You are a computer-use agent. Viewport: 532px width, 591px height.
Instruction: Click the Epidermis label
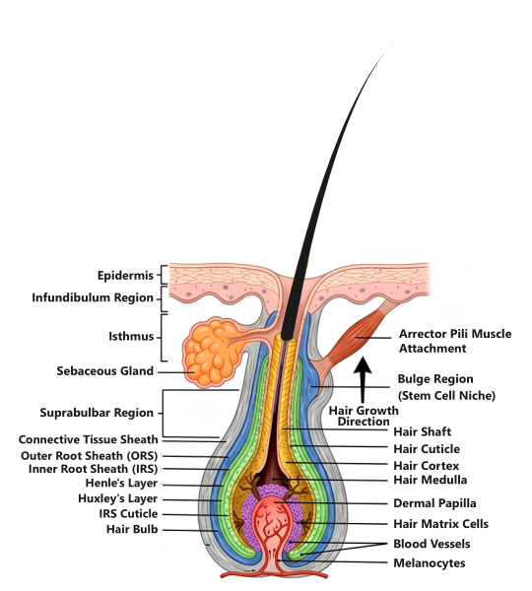125,276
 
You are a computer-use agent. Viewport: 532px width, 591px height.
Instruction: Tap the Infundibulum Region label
93,297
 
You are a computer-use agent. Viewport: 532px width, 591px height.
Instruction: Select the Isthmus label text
131,336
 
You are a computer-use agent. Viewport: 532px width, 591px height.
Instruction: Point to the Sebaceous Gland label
105,371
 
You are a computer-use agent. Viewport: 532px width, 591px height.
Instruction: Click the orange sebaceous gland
212,353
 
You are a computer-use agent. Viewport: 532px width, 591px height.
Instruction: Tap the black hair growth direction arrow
363,379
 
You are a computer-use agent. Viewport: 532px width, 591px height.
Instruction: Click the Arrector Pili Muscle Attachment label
455,341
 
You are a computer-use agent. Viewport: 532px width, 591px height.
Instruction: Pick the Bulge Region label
446,387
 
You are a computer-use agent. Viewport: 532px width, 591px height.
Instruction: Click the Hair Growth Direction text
364,416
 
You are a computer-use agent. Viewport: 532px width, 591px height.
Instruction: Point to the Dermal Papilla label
434,503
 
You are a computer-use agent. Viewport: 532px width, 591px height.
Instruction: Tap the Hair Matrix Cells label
440,524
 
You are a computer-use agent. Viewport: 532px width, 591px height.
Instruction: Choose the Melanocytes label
430,563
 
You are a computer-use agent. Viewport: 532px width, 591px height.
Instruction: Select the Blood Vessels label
432,544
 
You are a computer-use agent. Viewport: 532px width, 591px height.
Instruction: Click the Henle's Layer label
121,484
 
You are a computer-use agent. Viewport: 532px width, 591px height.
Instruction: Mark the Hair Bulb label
132,530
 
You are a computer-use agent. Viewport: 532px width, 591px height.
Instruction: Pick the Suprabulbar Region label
97,413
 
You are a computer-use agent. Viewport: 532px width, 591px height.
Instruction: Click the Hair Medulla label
431,480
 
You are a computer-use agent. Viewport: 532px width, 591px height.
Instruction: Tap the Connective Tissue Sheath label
89,439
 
